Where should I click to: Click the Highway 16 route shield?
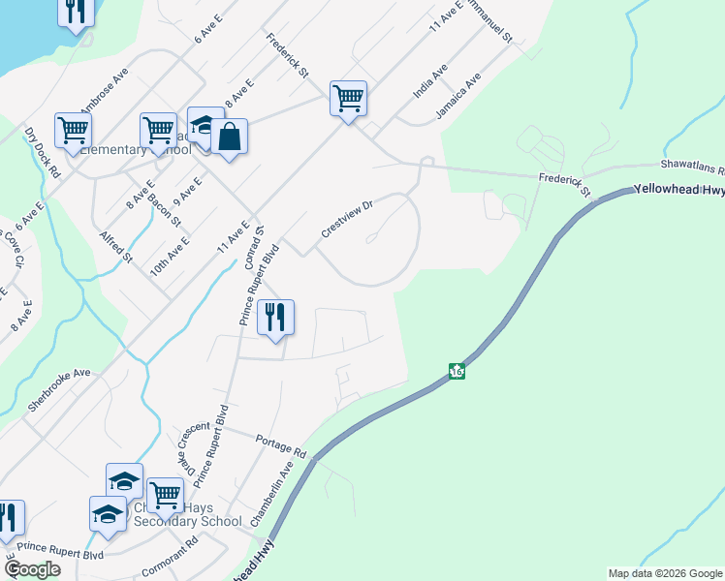pos(456,371)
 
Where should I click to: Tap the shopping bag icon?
pos(229,138)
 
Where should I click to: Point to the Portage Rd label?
pos(281,446)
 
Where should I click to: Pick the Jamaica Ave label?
pos(457,98)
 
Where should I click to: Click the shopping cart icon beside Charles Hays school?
pos(165,496)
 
